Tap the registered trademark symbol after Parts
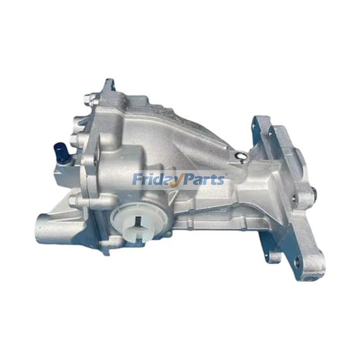(226, 175)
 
